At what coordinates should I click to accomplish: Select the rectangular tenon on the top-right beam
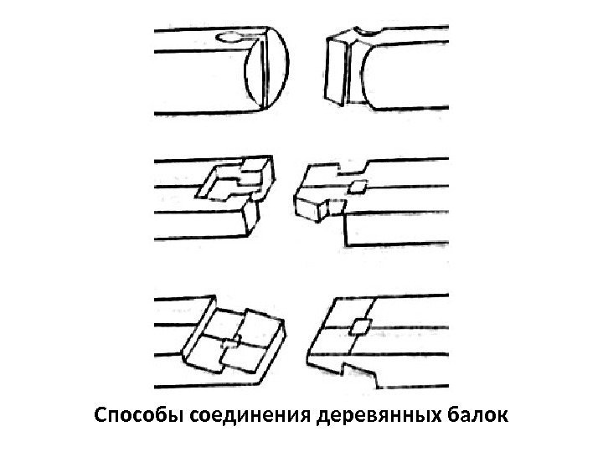point(337,67)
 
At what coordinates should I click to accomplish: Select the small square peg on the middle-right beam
point(358,187)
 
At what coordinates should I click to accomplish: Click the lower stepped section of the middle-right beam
point(394,226)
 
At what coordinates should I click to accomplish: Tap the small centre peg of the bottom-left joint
point(237,338)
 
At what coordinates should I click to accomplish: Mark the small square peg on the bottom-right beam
point(360,326)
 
